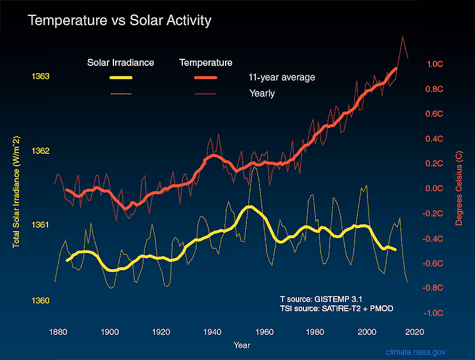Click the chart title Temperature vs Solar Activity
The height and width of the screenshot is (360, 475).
tap(119, 21)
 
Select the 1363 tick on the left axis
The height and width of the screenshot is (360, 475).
tap(40, 76)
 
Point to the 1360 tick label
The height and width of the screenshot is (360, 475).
tap(40, 301)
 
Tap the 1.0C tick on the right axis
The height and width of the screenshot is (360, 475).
tap(435, 64)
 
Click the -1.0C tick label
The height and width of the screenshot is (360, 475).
tap(433, 313)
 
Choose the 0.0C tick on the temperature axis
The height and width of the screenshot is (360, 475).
tap(434, 188)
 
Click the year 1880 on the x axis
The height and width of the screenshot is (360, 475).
tap(58, 332)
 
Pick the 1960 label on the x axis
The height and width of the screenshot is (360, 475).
tap(264, 332)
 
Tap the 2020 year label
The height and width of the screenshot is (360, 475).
tap(414, 332)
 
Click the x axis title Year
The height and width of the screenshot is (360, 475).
tap(242, 345)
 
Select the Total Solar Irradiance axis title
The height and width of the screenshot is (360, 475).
tap(16, 192)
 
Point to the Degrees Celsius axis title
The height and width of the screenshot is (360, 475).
tap(459, 188)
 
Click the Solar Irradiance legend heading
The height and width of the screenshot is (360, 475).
tap(121, 63)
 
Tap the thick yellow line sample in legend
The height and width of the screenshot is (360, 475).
tap(121, 78)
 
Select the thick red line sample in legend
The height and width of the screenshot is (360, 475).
tap(205, 78)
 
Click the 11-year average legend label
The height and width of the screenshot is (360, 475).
tap(281, 78)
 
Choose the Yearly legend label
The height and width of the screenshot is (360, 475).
tap(262, 93)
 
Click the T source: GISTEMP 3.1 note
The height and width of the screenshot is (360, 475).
tap(321, 299)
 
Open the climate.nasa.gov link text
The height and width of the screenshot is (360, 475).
tap(416, 352)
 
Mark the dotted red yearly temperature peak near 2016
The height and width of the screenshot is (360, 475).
tap(403, 37)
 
